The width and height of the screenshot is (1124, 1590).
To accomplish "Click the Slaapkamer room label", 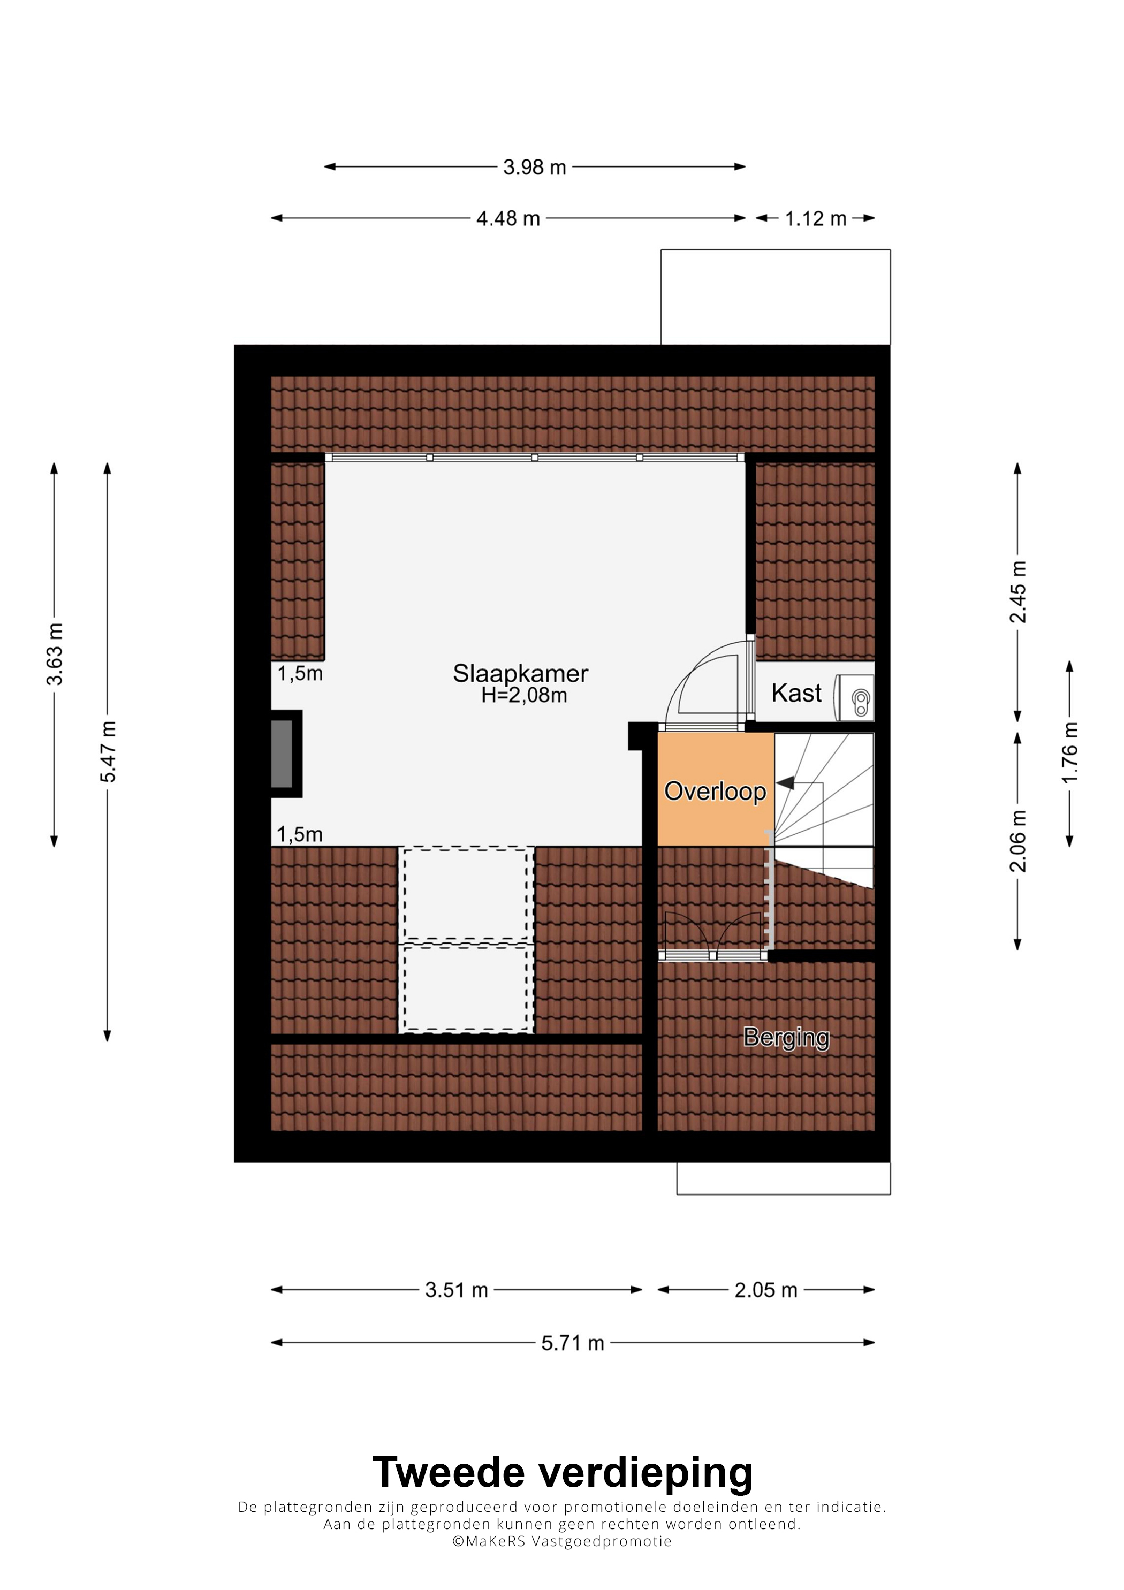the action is pyautogui.click(x=520, y=673).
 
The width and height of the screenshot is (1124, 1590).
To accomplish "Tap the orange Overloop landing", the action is pyautogui.click(x=716, y=789).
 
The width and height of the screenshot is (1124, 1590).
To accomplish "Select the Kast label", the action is pyautogui.click(x=796, y=693).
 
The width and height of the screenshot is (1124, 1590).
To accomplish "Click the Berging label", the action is pyautogui.click(x=786, y=1037).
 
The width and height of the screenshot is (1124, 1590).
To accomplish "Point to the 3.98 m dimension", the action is pyautogui.click(x=535, y=167).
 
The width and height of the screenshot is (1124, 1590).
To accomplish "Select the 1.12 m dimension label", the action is pyautogui.click(x=815, y=219).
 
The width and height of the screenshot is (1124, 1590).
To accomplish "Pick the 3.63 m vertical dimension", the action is pyautogui.click(x=55, y=654).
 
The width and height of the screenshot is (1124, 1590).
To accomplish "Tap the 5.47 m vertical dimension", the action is pyautogui.click(x=108, y=751).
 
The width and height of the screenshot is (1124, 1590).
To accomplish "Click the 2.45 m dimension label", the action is pyautogui.click(x=1017, y=592).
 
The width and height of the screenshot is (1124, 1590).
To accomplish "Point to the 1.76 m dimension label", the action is pyautogui.click(x=1070, y=753).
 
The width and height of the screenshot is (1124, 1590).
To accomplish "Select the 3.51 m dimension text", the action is pyautogui.click(x=457, y=1290).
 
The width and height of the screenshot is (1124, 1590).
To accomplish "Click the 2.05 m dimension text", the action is pyautogui.click(x=766, y=1290).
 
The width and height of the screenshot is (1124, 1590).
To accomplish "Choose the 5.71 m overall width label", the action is pyautogui.click(x=573, y=1343).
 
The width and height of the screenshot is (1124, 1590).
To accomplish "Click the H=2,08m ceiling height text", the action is pyautogui.click(x=524, y=695).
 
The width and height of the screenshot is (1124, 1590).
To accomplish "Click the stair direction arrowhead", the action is pyautogui.click(x=785, y=783).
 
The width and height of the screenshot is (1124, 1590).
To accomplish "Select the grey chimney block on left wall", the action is pyautogui.click(x=282, y=754).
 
